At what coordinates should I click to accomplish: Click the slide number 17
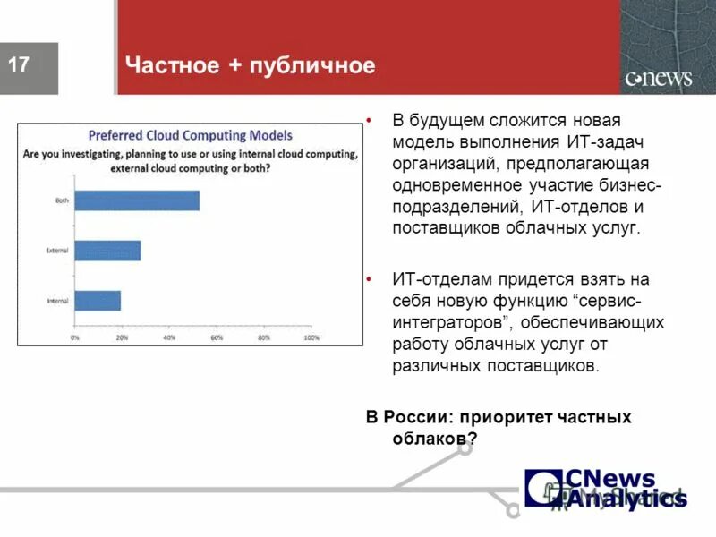coord(20,64)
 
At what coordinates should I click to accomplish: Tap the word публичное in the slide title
coord(313,66)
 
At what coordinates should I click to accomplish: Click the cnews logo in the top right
coord(658,78)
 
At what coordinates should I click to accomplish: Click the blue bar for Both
coord(137,200)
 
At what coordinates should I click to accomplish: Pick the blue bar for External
coord(107,251)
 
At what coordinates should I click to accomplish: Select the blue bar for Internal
coord(98,301)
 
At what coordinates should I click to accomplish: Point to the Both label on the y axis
coord(62,200)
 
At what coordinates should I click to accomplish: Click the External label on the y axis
coord(57,251)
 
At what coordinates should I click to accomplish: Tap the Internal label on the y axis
coord(57,301)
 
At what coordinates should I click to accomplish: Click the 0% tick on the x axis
coord(75,338)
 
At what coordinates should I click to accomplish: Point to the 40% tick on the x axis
coord(169,338)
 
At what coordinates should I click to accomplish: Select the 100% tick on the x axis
coord(311,338)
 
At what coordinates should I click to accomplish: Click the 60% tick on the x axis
coord(217,338)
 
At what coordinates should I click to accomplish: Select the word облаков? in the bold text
coord(435,439)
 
